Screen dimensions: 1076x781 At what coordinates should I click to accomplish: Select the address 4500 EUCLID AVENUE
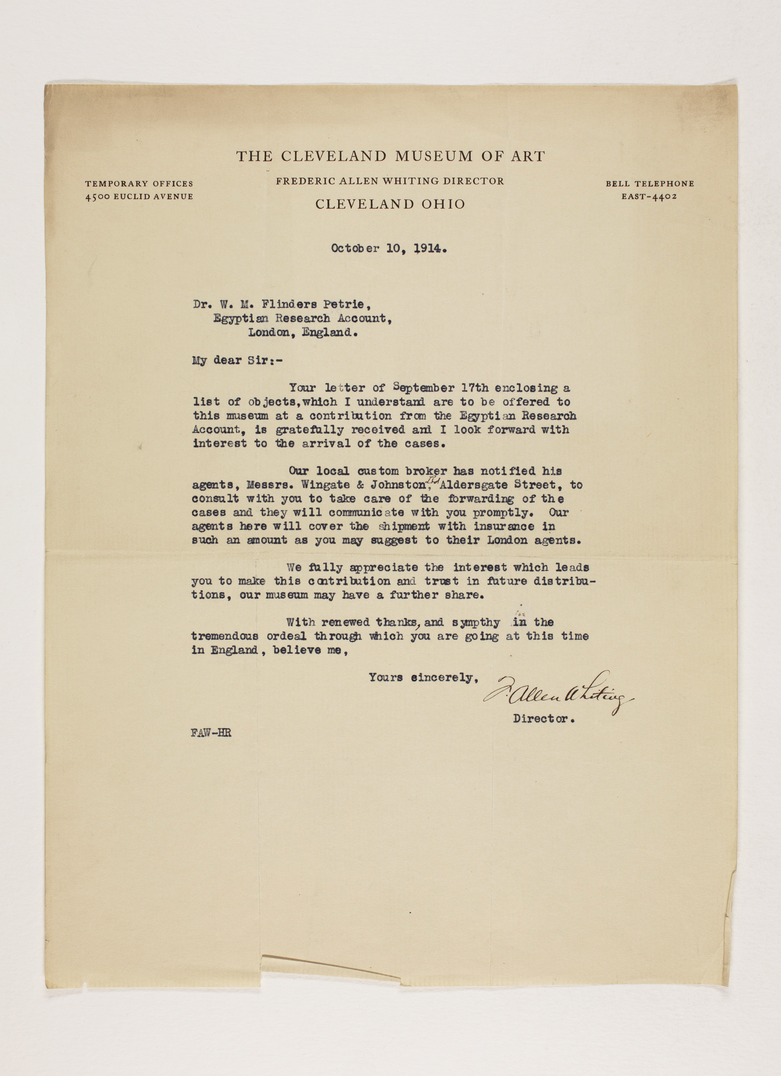coord(139,196)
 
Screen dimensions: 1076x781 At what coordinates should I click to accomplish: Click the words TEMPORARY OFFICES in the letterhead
coord(139,184)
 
